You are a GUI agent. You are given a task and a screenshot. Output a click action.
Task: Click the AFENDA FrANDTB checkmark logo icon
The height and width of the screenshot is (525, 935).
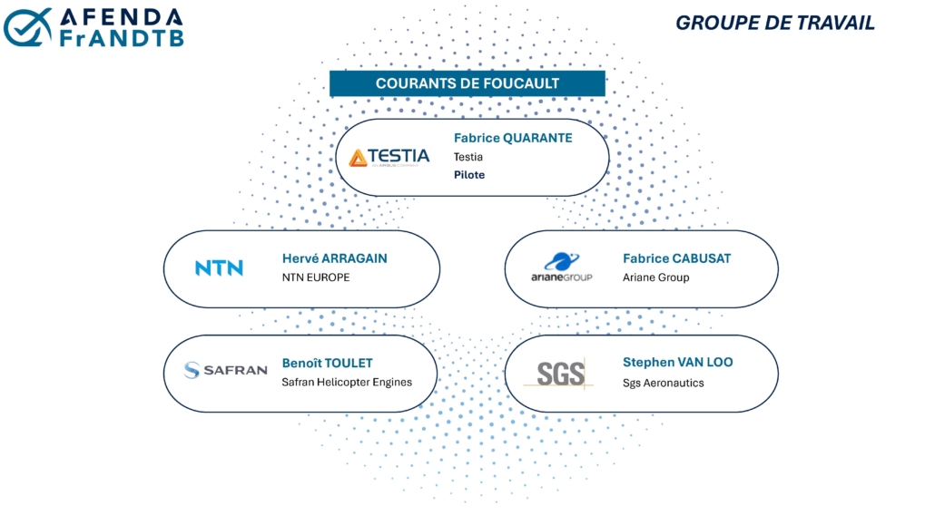(27, 27)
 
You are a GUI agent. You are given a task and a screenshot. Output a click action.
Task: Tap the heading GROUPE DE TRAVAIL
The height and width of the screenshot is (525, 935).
(774, 23)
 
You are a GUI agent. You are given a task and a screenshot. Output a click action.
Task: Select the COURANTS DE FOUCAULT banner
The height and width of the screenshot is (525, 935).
(467, 83)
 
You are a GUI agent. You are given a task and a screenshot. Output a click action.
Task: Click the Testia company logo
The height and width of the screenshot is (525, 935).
(389, 158)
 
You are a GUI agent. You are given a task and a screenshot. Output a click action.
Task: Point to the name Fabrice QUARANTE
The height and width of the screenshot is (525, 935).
(513, 138)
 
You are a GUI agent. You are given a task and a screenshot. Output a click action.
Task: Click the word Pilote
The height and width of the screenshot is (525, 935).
(469, 175)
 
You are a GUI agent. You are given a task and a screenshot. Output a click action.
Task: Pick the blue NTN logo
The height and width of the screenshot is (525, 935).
(219, 268)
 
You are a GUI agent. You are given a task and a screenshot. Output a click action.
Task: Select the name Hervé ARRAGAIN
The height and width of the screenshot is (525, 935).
(335, 258)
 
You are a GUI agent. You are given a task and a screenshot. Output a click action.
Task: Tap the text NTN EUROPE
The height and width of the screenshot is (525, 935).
(316, 277)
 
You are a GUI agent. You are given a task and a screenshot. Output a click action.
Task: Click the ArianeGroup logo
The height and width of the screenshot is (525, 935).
(562, 267)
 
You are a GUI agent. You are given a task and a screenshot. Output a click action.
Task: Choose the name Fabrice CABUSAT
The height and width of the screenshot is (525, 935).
(677, 258)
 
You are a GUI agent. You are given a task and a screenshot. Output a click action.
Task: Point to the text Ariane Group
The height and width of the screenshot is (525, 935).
(656, 277)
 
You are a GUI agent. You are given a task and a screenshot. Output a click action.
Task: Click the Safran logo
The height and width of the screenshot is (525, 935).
(225, 370)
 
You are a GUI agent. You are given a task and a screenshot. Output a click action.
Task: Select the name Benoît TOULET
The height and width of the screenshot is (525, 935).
(328, 363)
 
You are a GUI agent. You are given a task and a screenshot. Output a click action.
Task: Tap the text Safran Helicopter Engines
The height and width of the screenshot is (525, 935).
(347, 382)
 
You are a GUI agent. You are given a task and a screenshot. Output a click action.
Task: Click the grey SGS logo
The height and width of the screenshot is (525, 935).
(559, 374)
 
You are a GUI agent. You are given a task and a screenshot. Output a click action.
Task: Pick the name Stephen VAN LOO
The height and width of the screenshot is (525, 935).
(678, 362)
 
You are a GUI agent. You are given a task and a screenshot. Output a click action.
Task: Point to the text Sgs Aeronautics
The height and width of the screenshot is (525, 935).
(663, 383)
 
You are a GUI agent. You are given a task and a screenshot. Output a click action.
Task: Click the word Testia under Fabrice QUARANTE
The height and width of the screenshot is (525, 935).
(468, 157)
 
